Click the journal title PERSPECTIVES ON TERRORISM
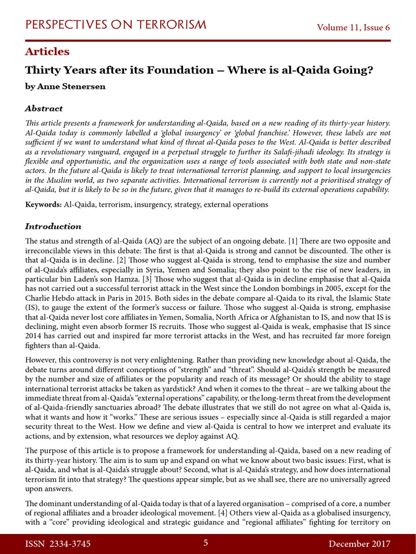coord(116,25)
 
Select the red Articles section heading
coord(47,52)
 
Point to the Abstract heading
coord(44,109)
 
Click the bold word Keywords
coord(43,205)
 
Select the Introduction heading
coord(53,227)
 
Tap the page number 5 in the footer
coord(206,543)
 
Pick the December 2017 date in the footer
coord(359,544)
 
